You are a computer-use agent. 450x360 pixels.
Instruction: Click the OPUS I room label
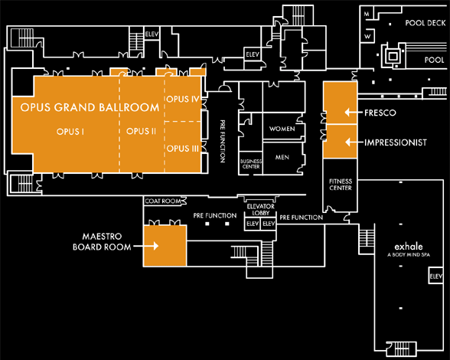pyautogui.click(x=70, y=132)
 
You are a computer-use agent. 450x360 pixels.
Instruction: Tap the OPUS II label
pyautogui.click(x=141, y=131)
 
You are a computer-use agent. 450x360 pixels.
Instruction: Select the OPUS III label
pyautogui.click(x=183, y=149)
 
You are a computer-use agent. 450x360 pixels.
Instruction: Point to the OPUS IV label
pyautogui.click(x=183, y=99)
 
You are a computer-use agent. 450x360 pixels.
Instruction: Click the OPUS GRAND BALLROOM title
pyautogui.click(x=90, y=107)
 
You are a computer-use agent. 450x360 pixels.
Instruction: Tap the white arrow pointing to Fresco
pyautogui.click(x=354, y=113)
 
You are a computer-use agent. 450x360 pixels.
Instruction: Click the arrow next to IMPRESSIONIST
pyautogui.click(x=354, y=142)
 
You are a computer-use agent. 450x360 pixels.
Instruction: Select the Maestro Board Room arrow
pyautogui.click(x=146, y=246)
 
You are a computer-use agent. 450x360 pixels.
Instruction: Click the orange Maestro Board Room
pyautogui.click(x=165, y=246)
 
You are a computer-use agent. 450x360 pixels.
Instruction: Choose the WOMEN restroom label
pyautogui.click(x=282, y=129)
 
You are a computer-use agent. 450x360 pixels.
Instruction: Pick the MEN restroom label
pyautogui.click(x=282, y=157)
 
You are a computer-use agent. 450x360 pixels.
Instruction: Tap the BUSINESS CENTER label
pyautogui.click(x=251, y=164)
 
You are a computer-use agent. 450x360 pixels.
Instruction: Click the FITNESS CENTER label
pyautogui.click(x=341, y=185)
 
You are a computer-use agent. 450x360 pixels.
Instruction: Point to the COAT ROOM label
pyautogui.click(x=163, y=201)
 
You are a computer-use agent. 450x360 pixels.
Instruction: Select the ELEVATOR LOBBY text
pyautogui.click(x=260, y=209)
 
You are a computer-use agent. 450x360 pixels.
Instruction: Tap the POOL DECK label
pyautogui.click(x=426, y=23)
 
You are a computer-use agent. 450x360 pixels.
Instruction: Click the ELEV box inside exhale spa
pyautogui.click(x=435, y=276)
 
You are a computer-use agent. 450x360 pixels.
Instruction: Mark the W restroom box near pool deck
pyautogui.click(x=367, y=36)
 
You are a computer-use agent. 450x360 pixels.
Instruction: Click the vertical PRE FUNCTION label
pyautogui.click(x=223, y=142)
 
